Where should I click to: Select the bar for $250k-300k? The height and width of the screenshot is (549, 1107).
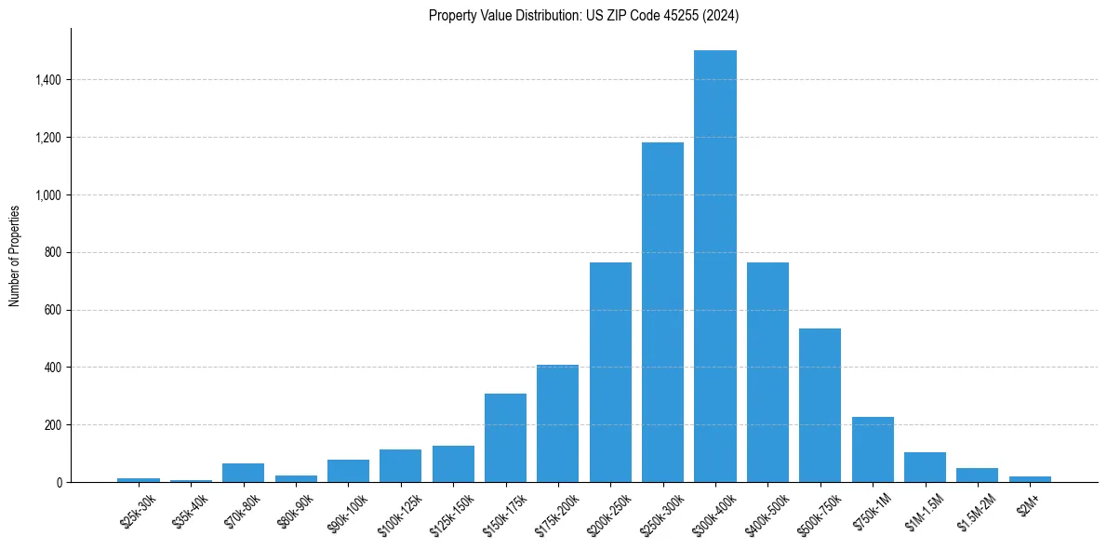662,312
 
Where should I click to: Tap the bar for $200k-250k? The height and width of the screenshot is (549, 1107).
610,372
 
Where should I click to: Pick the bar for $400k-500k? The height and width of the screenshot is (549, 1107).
767,372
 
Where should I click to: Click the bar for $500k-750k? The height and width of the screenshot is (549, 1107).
820,405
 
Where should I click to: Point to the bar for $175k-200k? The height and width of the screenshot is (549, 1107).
557,423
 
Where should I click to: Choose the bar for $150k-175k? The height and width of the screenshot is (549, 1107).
505,437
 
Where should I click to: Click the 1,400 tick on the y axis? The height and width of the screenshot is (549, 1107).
47,80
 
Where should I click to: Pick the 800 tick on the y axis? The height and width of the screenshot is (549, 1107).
53,253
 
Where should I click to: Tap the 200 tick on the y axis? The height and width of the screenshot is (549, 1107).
53,425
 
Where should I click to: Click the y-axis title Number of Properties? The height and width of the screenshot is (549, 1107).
15,256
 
